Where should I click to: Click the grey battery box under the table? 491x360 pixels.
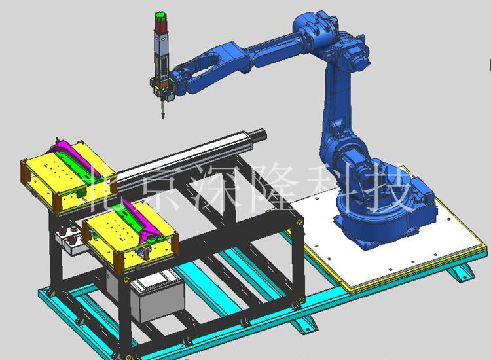157,300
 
